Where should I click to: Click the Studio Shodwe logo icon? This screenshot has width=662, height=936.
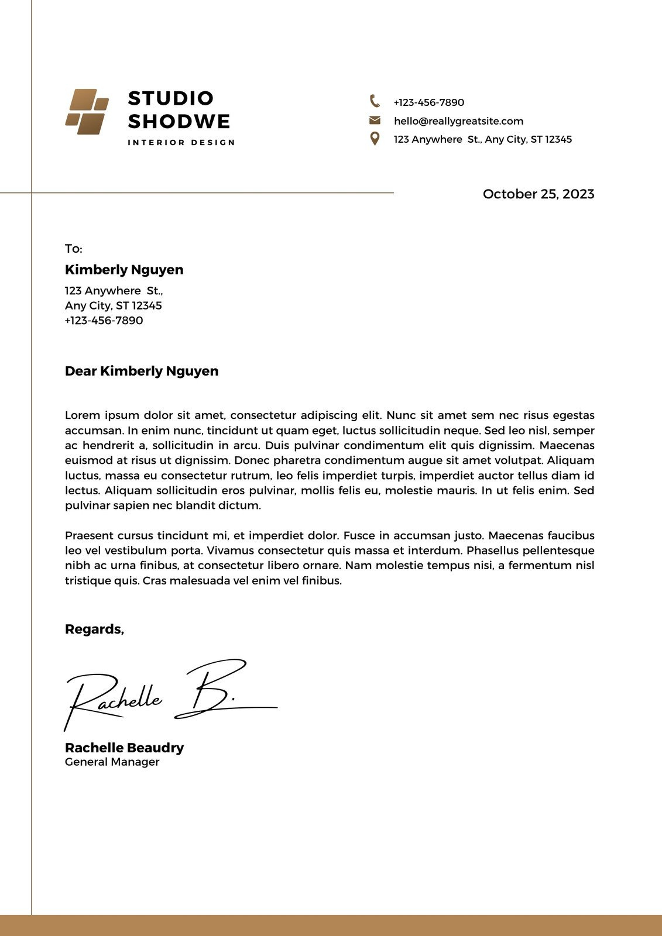coord(87,112)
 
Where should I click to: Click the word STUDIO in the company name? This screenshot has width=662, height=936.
coord(171,98)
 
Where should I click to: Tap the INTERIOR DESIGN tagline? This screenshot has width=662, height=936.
coord(181,143)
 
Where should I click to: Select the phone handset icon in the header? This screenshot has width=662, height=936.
coord(375,101)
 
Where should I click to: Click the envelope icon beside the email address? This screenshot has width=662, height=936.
coord(375,121)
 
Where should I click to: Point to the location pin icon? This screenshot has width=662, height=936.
coord(375,139)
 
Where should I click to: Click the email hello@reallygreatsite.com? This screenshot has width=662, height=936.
coord(458,121)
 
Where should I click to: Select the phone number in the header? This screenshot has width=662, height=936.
coord(428,102)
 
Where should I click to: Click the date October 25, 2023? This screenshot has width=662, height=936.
coord(538,194)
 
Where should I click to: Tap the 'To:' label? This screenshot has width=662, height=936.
coord(74,249)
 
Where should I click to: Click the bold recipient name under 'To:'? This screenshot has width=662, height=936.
coord(124,270)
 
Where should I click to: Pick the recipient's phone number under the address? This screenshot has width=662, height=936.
coord(104,321)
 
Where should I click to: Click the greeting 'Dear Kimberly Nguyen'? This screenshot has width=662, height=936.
coord(142,371)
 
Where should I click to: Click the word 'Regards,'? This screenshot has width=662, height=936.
coord(94,629)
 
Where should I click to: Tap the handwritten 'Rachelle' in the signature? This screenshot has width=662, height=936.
coord(114,699)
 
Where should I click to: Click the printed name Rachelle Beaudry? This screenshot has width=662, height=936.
coord(124,748)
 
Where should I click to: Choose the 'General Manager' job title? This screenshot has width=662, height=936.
coord(112,762)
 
